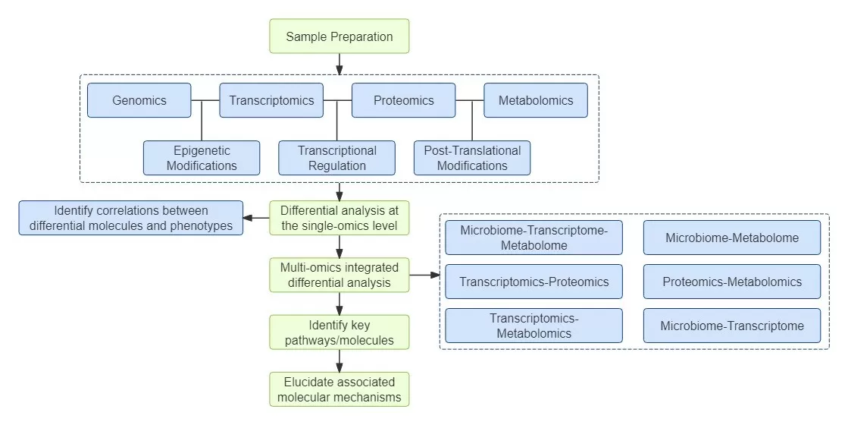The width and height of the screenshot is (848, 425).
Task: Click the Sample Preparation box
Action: click(x=339, y=36)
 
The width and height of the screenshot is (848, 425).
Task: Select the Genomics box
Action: click(x=139, y=100)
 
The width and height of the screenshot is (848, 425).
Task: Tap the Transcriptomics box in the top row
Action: click(x=271, y=100)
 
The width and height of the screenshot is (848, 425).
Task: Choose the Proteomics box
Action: click(x=403, y=100)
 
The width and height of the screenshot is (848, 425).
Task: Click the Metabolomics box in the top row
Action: click(x=535, y=100)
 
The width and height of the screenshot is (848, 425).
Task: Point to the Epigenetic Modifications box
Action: click(x=202, y=158)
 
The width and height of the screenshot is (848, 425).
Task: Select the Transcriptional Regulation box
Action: click(x=336, y=158)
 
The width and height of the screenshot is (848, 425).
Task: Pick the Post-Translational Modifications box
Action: click(x=472, y=158)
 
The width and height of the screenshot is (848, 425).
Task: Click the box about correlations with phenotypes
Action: click(x=131, y=218)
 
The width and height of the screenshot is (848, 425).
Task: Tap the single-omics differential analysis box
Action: click(x=339, y=218)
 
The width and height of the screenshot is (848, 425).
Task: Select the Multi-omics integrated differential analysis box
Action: click(x=339, y=275)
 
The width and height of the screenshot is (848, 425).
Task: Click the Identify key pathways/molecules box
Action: click(x=339, y=332)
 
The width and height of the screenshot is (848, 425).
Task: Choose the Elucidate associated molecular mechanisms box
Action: click(x=339, y=389)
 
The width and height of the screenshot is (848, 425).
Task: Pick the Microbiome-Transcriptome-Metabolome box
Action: click(x=534, y=238)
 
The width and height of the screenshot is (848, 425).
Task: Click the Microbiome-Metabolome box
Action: click(x=732, y=238)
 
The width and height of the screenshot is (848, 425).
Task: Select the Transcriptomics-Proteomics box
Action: click(x=534, y=282)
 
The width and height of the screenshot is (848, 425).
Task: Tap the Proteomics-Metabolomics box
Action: click(x=732, y=282)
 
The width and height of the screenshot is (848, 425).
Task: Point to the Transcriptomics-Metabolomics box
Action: click(x=534, y=326)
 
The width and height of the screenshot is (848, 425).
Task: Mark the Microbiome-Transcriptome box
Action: click(x=732, y=326)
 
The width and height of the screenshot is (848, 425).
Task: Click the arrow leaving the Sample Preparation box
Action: click(x=339, y=65)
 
